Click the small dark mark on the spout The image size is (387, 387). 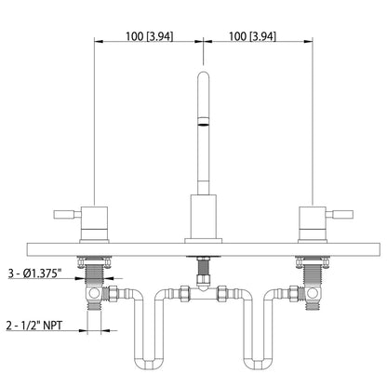click(201, 121)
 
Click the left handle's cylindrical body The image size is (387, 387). click(96, 223)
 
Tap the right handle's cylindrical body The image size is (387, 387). click(309, 223)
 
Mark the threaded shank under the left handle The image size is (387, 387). click(95, 275)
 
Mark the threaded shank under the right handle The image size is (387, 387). click(308, 275)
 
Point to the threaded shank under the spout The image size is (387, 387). click(201, 274)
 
